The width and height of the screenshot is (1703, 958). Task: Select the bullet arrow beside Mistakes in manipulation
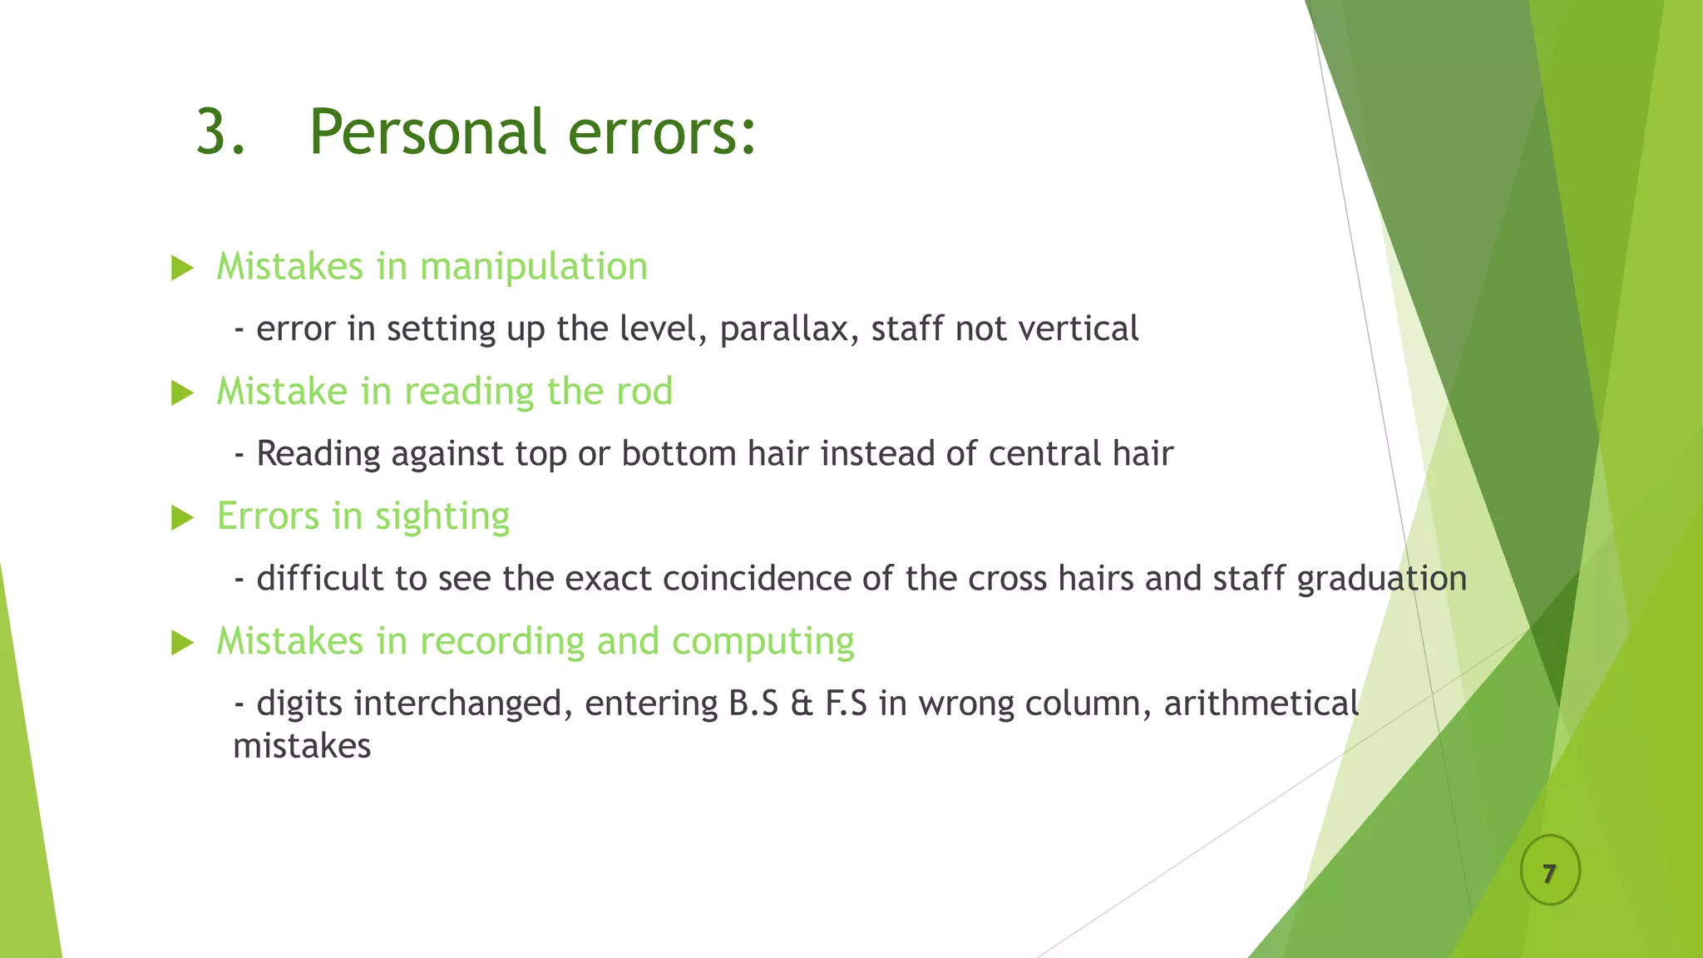click(182, 268)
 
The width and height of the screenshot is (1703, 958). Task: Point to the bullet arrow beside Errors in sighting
click(182, 518)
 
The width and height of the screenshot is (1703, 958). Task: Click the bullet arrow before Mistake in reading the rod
click(182, 393)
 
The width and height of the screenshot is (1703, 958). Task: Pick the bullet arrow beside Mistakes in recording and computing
click(182, 643)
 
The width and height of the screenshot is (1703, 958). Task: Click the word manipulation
click(533, 268)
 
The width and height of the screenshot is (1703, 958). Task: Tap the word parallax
click(788, 329)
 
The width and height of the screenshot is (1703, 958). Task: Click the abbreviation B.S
click(753, 704)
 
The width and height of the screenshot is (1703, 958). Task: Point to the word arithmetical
click(1261, 704)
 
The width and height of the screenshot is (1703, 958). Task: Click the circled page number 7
click(1549, 873)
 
